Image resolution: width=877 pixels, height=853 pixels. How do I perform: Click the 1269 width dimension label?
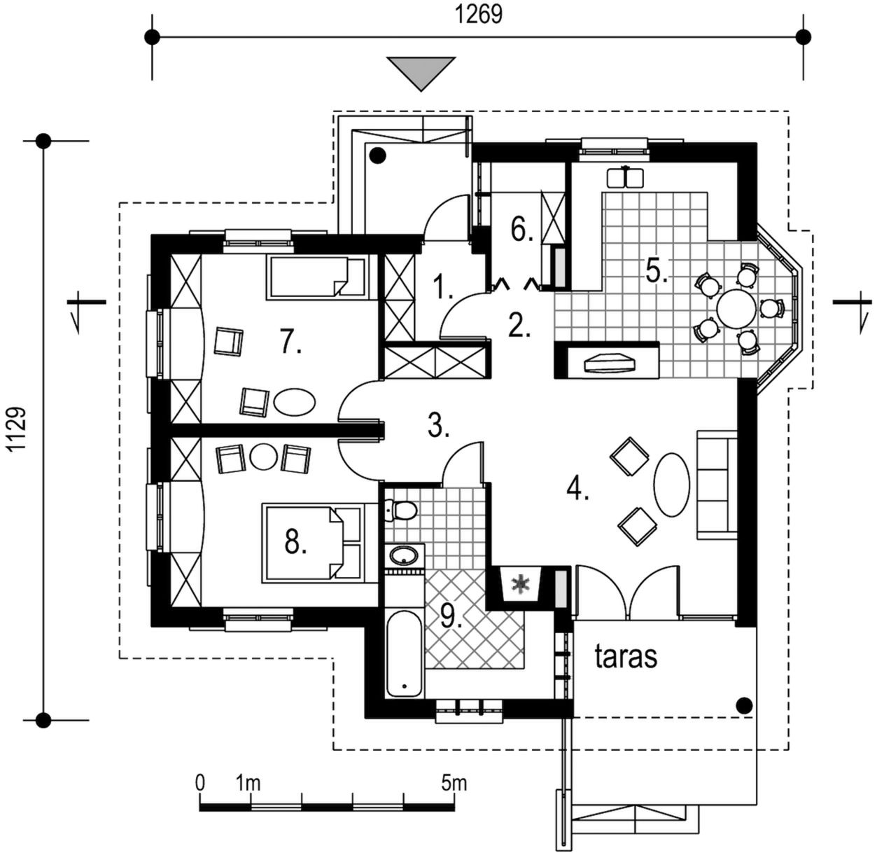(x=479, y=14)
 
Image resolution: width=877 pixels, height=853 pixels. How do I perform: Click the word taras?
(x=626, y=657)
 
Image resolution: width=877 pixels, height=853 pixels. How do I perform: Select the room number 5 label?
(x=656, y=270)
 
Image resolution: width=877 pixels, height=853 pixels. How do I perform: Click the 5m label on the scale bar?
(x=454, y=782)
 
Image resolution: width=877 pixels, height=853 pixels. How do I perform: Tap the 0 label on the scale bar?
(x=200, y=782)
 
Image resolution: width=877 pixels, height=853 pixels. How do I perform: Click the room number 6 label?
(x=521, y=230)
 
